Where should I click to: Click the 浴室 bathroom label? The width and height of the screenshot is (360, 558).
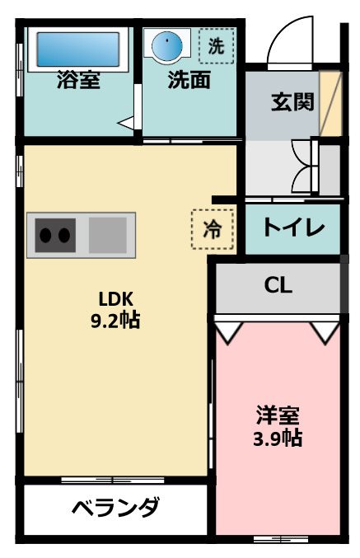[78, 81]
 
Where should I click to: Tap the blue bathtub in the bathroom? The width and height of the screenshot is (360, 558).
[77, 49]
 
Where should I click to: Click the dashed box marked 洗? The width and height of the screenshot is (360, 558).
[216, 46]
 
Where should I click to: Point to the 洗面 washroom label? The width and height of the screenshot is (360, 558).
[189, 81]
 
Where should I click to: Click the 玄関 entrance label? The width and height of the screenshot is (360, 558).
[292, 102]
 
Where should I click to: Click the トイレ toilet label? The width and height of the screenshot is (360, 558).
[293, 228]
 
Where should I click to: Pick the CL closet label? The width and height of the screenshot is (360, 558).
[278, 286]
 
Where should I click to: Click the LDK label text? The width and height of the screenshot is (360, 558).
[115, 299]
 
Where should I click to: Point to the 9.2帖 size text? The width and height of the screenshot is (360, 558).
[115, 320]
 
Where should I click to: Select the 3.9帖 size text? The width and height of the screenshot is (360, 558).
[277, 437]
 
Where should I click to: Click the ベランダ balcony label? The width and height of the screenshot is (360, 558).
[115, 507]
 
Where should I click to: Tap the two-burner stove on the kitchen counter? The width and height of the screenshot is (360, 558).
[54, 235]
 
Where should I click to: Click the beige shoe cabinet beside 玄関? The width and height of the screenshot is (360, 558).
[330, 104]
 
